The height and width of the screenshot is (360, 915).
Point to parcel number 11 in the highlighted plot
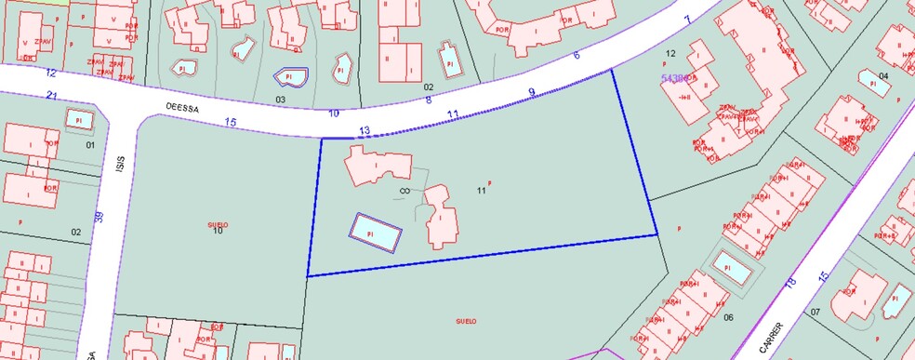[x=481, y=191]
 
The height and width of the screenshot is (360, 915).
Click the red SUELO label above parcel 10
[x=218, y=224]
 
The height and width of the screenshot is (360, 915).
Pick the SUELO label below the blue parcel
[x=466, y=321]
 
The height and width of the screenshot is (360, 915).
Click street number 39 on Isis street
[x=99, y=218]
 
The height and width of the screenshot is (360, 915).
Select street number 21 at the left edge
[x=52, y=97]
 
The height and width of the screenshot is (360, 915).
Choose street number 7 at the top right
[x=687, y=20]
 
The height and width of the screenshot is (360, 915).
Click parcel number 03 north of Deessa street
[x=279, y=98]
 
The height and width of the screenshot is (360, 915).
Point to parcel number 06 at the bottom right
[x=728, y=318]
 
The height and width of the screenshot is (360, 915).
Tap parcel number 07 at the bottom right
[x=816, y=312]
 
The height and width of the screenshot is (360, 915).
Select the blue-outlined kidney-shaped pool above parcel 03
[x=289, y=77]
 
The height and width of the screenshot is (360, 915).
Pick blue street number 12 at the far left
[x=50, y=73]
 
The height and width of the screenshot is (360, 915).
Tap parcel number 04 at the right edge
[x=882, y=76]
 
